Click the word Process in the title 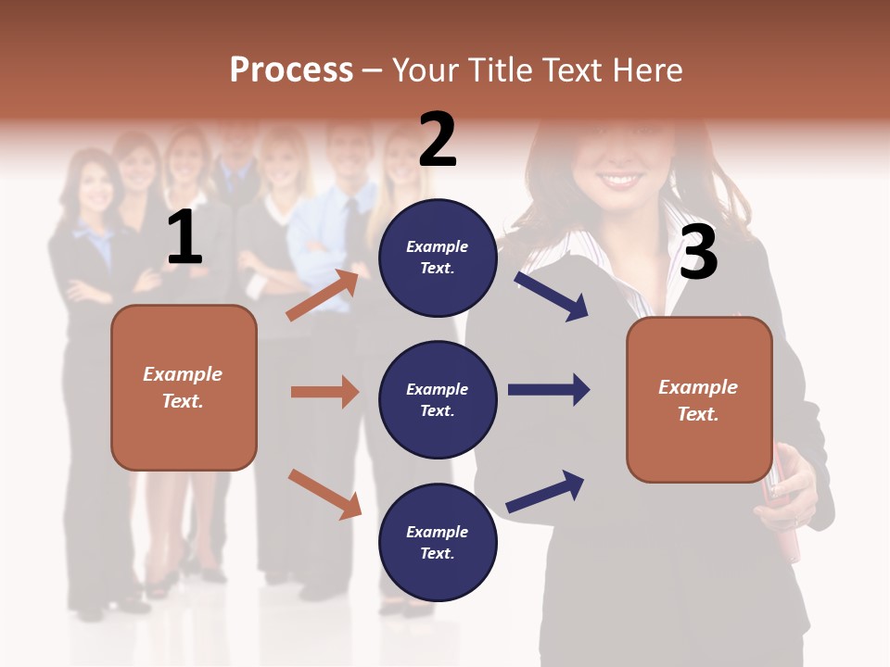pos(291,70)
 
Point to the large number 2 pos(438,140)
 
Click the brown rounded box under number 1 pos(184,387)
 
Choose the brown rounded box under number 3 pos(699,399)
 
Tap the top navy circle pos(438,258)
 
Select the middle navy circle pos(438,399)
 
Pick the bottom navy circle pos(438,542)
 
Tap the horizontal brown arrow pos(324,392)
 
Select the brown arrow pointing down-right pos(324,493)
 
